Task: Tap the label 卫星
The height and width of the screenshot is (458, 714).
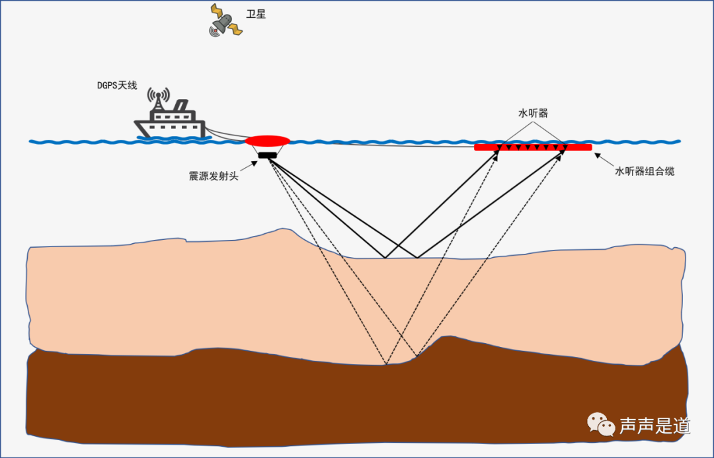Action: click(256, 14)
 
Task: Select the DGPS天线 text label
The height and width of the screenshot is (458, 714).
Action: click(117, 86)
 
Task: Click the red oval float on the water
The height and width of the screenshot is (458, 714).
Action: click(268, 141)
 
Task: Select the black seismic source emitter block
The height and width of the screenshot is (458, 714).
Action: click(267, 155)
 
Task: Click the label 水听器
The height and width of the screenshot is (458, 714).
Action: click(533, 114)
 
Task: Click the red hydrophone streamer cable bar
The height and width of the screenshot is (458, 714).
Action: click(533, 147)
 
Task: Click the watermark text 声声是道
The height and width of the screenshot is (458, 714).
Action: click(654, 426)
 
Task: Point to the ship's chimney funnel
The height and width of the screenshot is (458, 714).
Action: click(180, 106)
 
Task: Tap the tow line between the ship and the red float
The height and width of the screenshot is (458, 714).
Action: click(225, 134)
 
